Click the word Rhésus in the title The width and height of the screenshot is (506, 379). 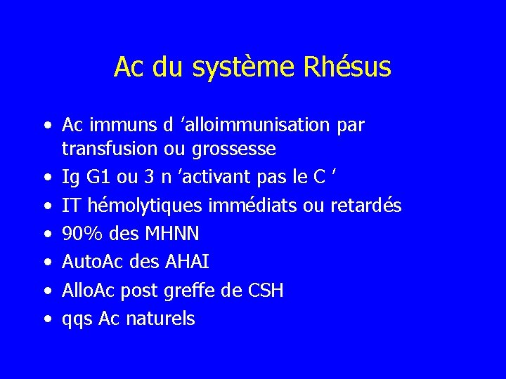[348, 68]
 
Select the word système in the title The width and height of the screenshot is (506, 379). [249, 68]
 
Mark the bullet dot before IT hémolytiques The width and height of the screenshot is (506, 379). [46, 206]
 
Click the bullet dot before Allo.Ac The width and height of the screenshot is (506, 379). [46, 291]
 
